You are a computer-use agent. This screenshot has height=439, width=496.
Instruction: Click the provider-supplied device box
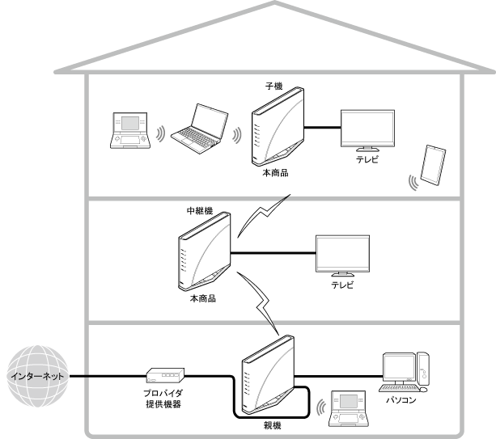pos(167,375)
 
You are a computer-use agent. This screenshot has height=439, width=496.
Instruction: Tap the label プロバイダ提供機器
pos(167,396)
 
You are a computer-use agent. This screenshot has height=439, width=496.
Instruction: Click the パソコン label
pos(402,399)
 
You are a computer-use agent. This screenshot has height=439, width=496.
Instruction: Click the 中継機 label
pos(199,212)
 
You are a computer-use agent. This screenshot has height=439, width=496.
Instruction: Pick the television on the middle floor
pos(341,255)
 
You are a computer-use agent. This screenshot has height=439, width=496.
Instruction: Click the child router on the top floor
pos(275,125)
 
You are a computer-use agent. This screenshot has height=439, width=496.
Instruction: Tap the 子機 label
pos(273,84)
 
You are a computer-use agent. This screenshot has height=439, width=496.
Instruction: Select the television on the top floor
pos(367,129)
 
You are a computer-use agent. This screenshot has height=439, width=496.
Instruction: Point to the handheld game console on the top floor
pos(129,131)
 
